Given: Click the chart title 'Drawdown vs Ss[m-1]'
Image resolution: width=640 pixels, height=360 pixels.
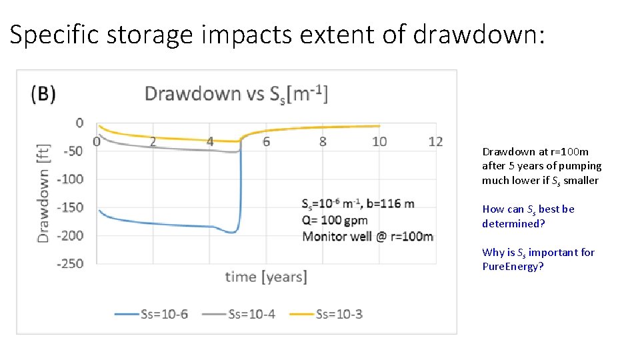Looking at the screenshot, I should tap(236, 93).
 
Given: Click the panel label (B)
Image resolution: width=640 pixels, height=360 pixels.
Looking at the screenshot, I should tap(43, 94).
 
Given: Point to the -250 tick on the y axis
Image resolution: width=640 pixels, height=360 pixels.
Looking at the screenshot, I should tap(70, 264).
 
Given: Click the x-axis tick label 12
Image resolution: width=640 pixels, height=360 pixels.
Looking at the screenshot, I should tap(435, 141).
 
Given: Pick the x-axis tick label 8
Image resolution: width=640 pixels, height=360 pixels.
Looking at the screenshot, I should tap(323, 141).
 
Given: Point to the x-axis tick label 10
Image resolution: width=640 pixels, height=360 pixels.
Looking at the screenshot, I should tap(379, 141).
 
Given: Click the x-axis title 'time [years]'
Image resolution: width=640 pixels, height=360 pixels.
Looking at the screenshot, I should tap(266, 277).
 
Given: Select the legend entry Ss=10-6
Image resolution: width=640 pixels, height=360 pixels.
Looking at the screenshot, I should tap(152, 313).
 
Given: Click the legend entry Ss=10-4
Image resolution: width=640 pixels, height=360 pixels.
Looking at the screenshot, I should tap(239, 313).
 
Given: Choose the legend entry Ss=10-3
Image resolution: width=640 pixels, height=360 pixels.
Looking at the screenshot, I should tap(327, 313).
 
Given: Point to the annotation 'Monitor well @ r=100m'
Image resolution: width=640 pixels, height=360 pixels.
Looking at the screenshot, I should tap(367, 237).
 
